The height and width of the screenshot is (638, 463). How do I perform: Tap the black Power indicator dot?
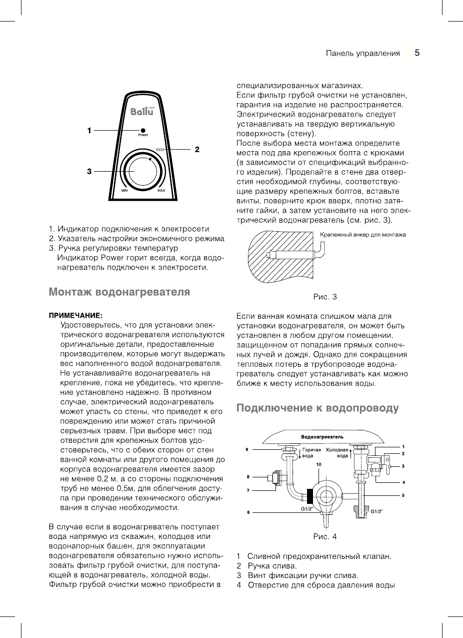(143, 130)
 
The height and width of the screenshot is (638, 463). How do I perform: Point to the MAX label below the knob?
(161, 191)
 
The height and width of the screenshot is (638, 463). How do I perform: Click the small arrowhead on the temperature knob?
(149, 160)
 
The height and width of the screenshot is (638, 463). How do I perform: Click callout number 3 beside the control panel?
(89, 171)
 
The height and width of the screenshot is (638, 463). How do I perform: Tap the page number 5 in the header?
(416, 53)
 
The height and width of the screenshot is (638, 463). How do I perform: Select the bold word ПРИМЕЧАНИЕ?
(75, 315)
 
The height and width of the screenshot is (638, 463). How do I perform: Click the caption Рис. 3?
(325, 297)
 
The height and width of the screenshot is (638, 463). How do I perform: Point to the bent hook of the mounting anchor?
(322, 249)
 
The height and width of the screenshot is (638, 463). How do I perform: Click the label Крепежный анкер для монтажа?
(362, 235)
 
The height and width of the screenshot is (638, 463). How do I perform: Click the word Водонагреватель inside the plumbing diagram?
(322, 437)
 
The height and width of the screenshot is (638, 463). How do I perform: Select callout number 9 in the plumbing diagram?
(247, 449)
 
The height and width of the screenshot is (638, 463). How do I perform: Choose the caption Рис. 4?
(325, 536)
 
